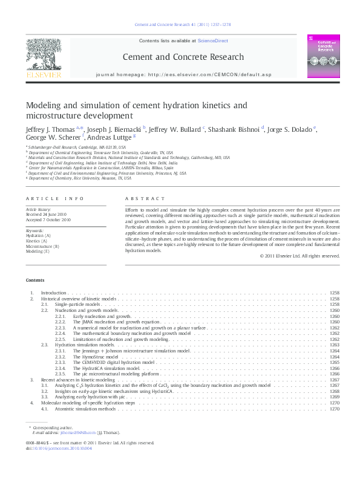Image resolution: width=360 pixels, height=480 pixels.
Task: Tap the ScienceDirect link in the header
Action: pos(215,41)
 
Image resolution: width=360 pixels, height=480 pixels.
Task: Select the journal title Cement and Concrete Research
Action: pos(183,57)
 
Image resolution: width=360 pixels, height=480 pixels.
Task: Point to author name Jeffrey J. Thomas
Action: pos(50,129)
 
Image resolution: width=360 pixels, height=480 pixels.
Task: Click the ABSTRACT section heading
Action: pos(145,199)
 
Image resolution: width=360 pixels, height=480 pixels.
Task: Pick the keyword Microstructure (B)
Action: pos(42,247)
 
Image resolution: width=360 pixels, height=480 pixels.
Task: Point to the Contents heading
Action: pos(35,280)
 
